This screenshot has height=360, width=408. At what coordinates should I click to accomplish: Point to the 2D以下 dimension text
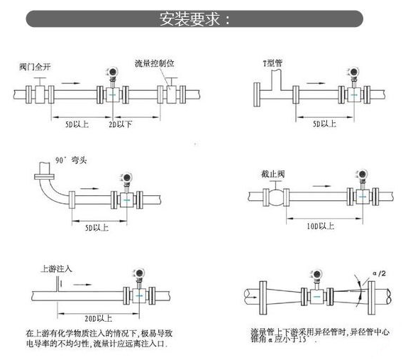120,124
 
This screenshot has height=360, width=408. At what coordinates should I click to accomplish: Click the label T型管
273,64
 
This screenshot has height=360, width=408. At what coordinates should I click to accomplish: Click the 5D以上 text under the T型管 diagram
324,124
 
